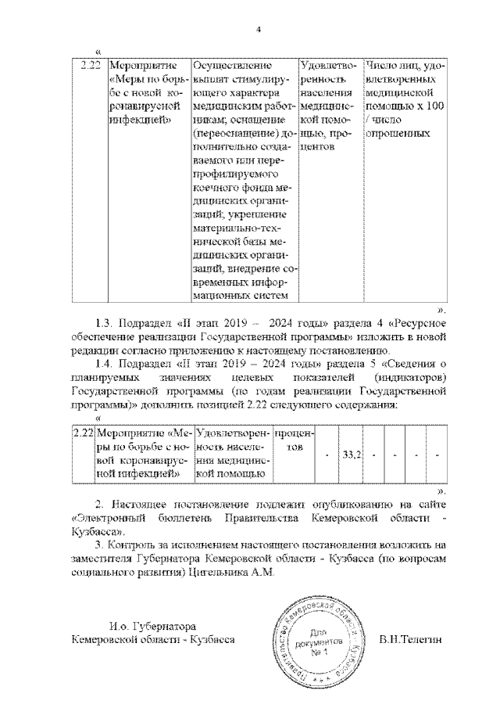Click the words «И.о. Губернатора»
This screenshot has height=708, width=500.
[148, 626]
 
